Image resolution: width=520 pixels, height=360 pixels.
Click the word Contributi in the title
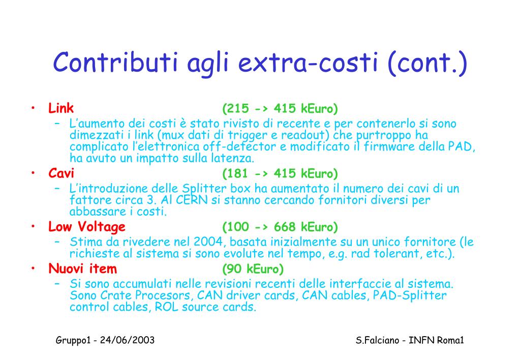115,63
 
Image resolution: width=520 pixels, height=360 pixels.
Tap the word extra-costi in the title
308,63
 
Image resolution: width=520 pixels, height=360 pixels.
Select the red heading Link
61,108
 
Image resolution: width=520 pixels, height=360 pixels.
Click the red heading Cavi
62,173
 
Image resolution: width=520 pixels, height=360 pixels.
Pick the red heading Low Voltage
87,227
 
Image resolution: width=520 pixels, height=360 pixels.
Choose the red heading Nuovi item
82,268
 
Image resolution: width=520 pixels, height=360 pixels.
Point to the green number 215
237,108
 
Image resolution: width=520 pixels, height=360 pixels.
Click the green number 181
237,173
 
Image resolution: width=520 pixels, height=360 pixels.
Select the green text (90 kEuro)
253,269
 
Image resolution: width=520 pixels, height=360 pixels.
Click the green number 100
237,227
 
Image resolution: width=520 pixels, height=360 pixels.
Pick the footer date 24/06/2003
128,340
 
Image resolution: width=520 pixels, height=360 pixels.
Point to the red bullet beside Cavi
33,172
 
